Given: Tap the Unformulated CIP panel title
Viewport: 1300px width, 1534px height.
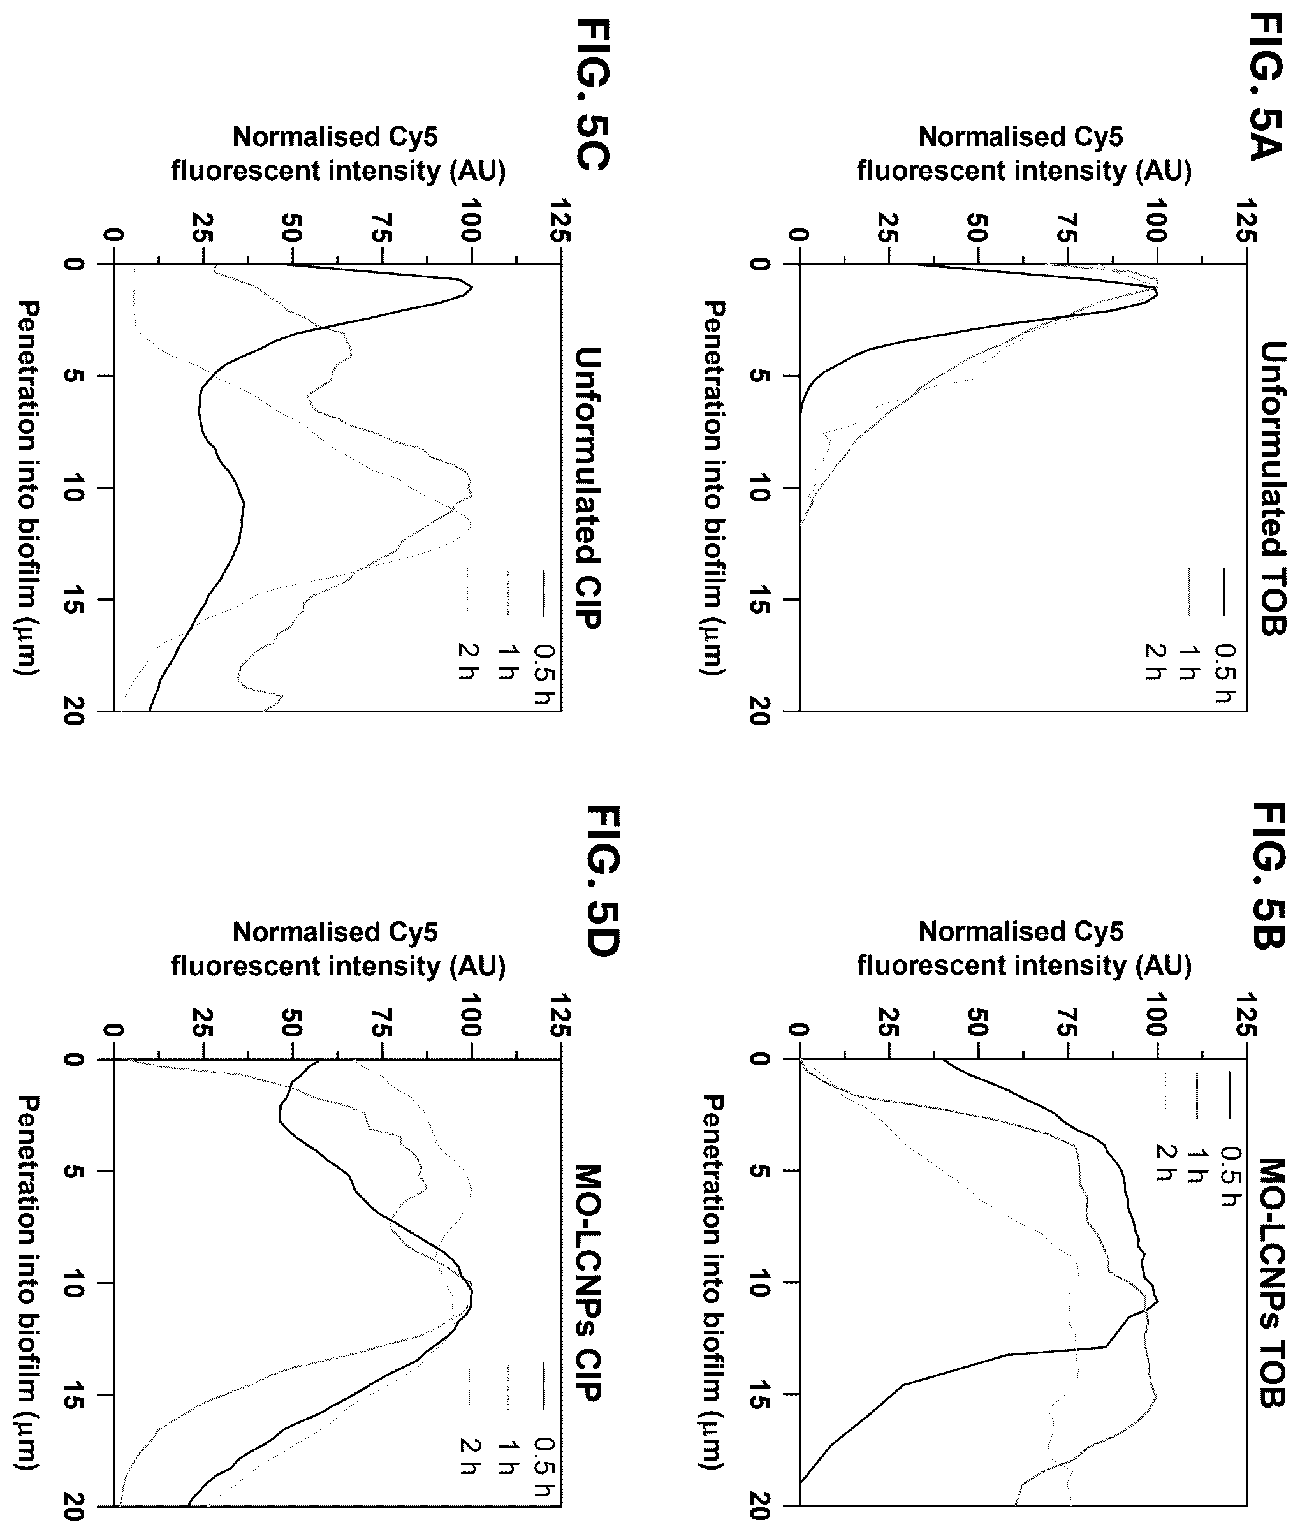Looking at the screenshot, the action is pos(587,487).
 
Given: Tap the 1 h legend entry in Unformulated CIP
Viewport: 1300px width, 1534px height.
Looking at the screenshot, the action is pos(506,626).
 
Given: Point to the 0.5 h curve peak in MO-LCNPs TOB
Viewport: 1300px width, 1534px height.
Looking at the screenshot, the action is pos(1158,1302).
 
